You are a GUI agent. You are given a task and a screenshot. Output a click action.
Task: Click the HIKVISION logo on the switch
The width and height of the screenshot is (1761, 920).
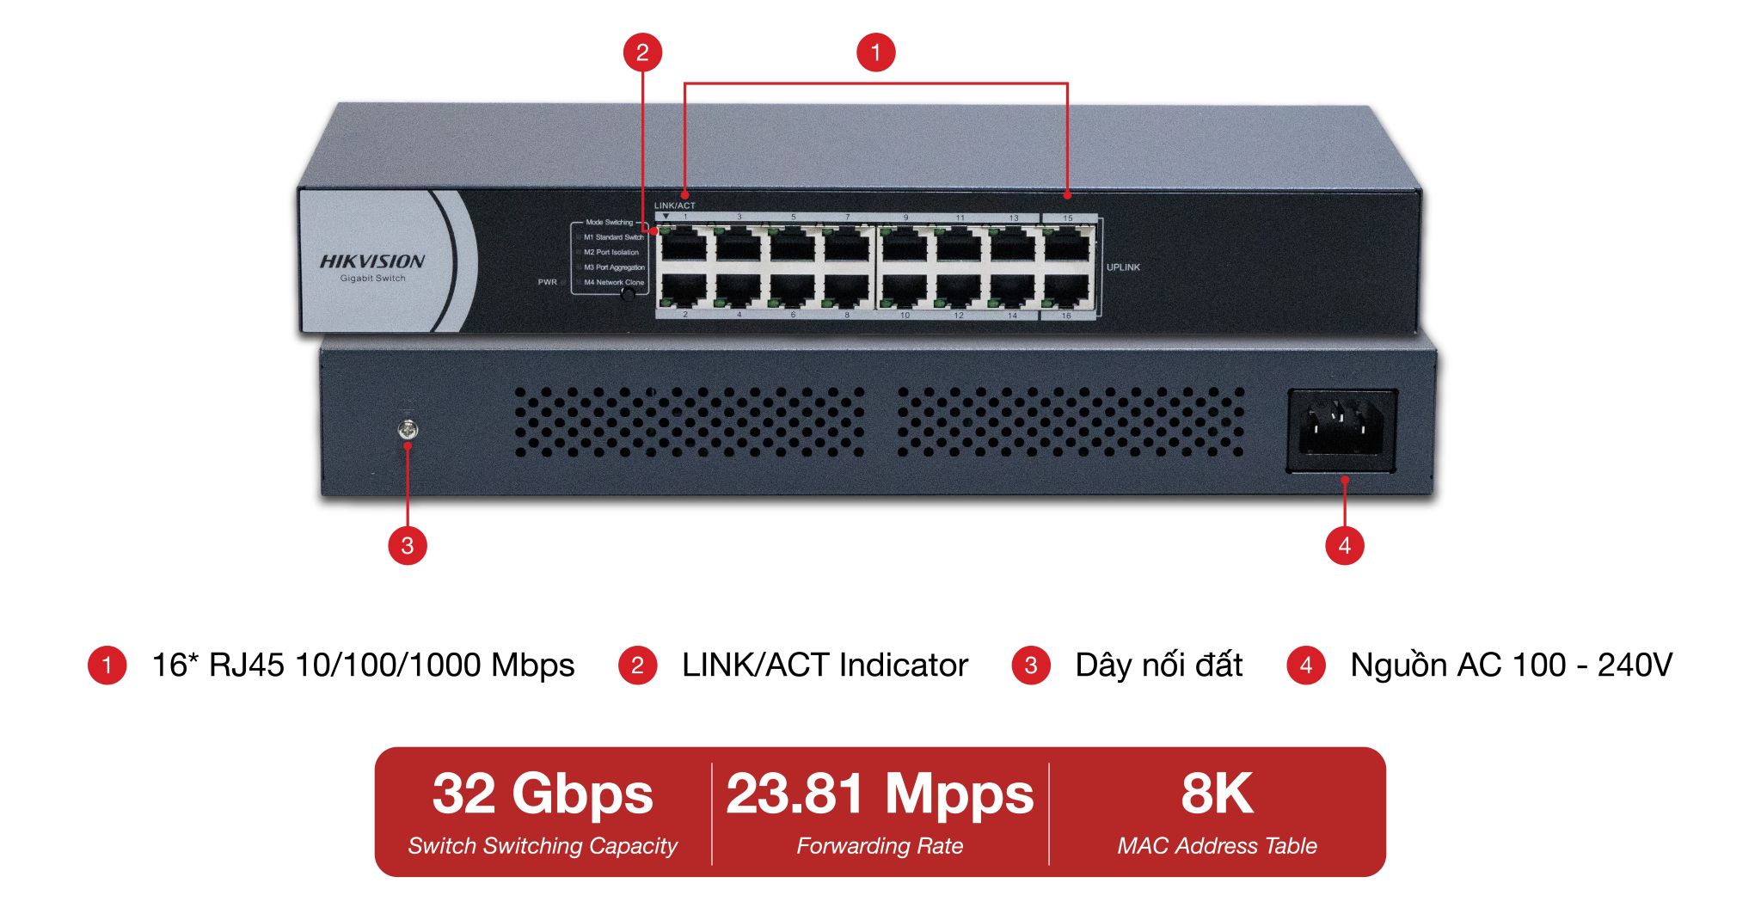click(372, 261)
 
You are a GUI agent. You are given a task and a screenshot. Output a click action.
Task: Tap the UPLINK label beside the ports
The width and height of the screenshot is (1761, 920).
click(1123, 267)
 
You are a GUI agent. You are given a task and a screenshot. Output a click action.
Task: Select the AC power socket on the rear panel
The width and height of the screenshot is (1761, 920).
click(1341, 430)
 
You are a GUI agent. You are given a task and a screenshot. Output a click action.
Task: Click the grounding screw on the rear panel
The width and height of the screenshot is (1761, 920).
click(408, 428)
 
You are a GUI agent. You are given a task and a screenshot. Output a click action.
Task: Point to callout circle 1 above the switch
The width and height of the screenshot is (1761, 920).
click(876, 52)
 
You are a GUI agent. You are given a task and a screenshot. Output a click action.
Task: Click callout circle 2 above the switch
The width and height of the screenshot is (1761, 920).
click(642, 52)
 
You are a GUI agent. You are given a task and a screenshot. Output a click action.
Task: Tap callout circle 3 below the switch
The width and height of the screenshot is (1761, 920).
click(408, 545)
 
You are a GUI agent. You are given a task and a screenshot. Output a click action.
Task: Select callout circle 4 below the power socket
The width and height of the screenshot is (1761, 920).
click(1345, 545)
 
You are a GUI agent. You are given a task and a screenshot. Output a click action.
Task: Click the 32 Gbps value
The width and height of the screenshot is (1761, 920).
click(543, 794)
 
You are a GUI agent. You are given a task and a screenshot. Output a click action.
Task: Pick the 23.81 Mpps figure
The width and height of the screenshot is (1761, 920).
click(880, 794)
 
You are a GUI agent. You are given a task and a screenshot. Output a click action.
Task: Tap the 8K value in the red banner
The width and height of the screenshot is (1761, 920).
click(1217, 794)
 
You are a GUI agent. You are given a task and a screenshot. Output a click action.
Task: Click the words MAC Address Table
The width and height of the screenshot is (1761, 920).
click(1217, 846)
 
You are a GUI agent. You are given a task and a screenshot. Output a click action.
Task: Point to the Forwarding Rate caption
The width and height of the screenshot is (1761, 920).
click(880, 846)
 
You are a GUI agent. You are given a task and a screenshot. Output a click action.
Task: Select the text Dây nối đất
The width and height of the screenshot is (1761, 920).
click(1158, 665)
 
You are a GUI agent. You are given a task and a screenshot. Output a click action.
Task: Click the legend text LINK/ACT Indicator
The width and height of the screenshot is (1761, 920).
click(825, 665)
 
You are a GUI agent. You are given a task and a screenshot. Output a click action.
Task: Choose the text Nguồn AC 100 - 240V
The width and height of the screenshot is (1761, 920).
click(1511, 665)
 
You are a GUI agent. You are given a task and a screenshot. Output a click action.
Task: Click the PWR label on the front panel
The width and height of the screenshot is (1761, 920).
click(548, 282)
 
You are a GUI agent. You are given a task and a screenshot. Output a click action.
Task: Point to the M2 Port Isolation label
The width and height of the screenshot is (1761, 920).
click(611, 253)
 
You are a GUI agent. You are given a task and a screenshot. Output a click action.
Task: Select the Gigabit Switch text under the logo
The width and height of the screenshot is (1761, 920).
click(372, 279)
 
